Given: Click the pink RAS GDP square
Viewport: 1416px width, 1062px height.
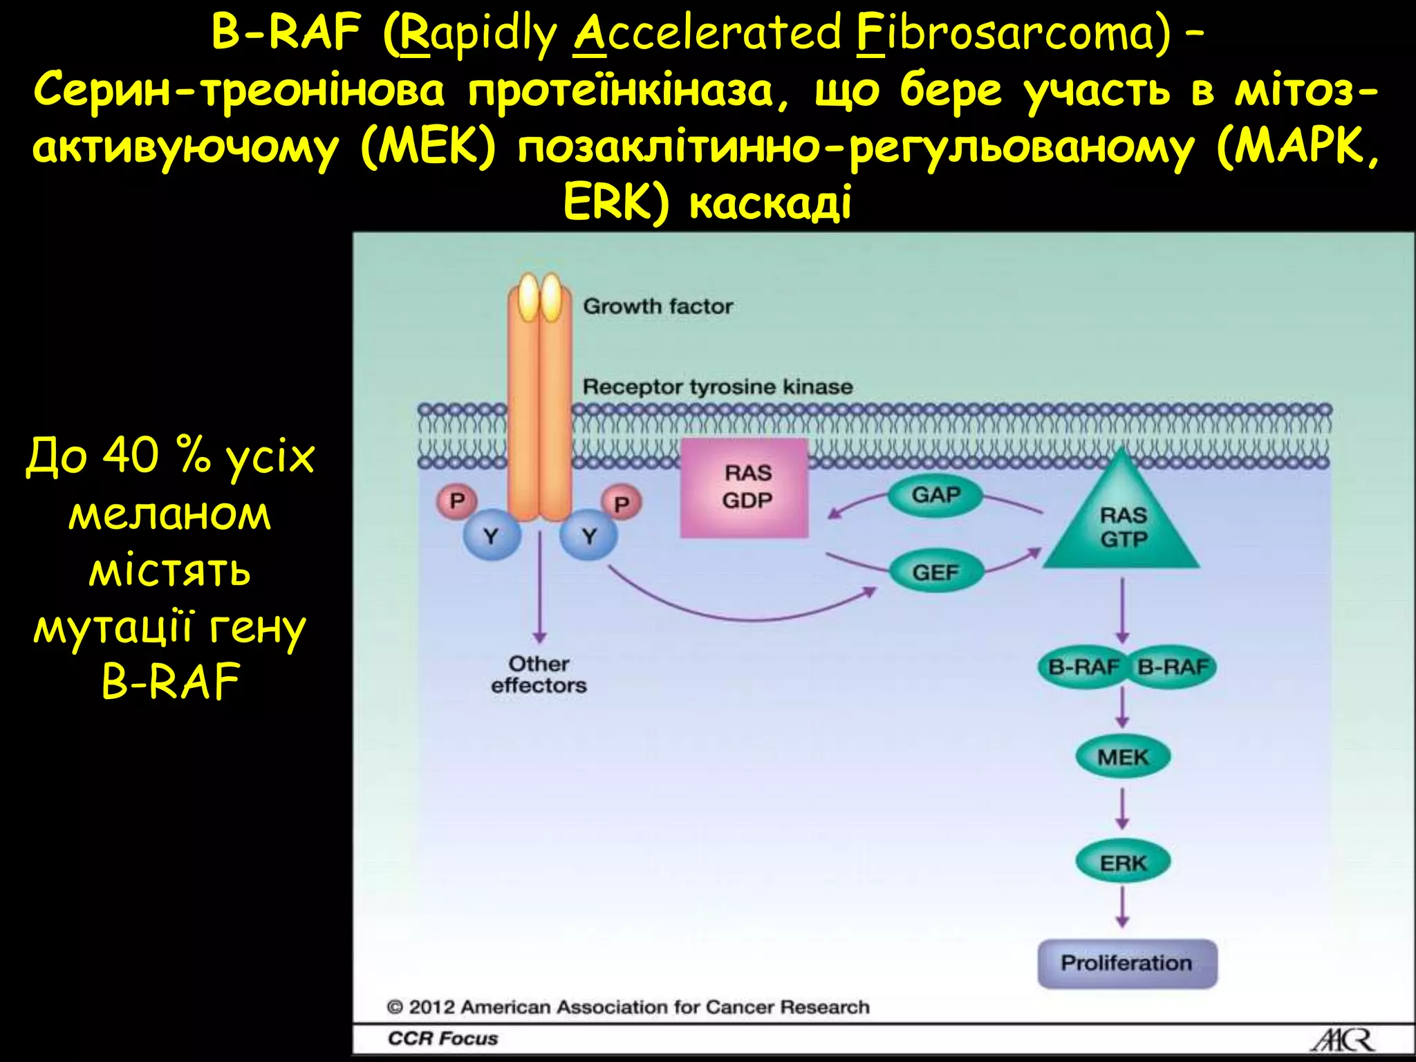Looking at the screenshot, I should pos(744,487).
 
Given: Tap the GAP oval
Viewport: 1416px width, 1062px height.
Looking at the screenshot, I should pos(935,495).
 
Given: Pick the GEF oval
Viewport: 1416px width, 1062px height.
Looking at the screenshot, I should pos(935,572).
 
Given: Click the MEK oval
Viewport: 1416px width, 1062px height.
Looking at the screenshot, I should pos(1122,757).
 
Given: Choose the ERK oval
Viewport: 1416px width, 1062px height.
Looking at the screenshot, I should pos(1122,863).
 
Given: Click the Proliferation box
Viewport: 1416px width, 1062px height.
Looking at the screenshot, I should pos(1126,963).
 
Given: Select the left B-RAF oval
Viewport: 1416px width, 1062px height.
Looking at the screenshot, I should pos(1083,667).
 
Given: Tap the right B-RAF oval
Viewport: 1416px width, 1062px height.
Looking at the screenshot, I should pos(1173,667).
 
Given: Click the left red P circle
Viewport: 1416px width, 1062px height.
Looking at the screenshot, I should pos(456,501).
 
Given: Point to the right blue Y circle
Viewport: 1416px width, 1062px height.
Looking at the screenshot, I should pos(588,536).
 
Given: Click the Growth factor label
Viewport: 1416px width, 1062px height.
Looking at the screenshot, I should pos(658,306).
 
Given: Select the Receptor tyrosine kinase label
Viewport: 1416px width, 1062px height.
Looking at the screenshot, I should pos(717,386).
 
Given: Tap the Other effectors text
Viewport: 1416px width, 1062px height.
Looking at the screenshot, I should pos(539,675).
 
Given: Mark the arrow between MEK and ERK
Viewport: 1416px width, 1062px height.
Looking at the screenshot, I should pos(1122,809).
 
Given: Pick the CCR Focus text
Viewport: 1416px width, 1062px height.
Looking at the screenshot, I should pos(442,1038).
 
